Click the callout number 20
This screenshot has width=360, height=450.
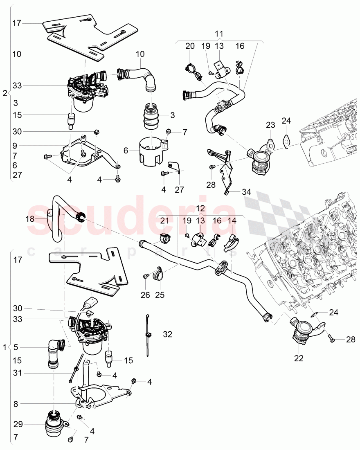coord(190,46)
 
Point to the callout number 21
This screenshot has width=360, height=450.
coord(164,220)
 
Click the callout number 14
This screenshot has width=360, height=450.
coord(232,220)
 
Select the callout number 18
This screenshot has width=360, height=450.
coord(30,218)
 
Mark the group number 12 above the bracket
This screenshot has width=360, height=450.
coord(200,208)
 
